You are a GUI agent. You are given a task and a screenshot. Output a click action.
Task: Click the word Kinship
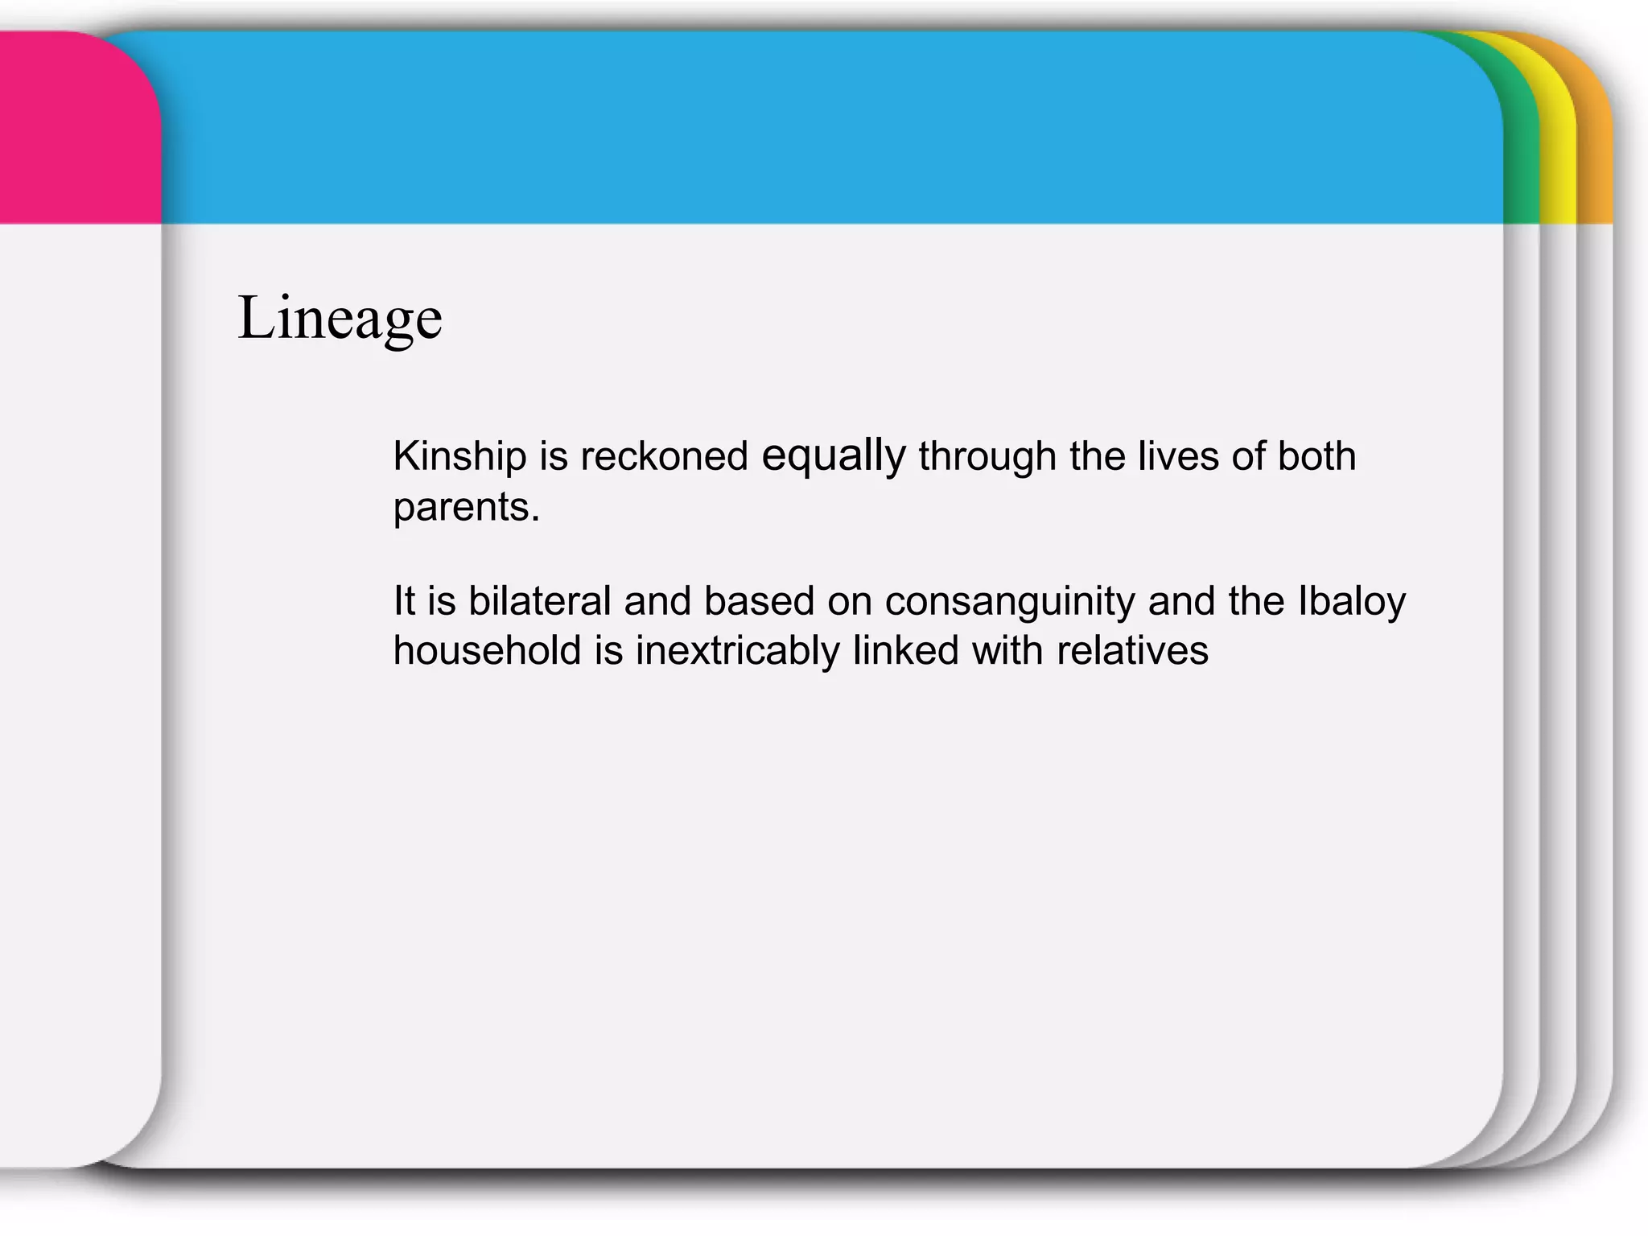click(x=459, y=457)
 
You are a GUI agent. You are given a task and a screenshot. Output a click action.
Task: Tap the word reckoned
click(x=664, y=457)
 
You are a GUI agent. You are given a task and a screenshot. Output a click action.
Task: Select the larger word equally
click(x=834, y=456)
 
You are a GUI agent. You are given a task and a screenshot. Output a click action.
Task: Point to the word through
click(x=987, y=457)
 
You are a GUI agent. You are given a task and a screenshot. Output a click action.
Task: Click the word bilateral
click(x=540, y=601)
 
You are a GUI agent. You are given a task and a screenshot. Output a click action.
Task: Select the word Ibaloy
click(x=1352, y=602)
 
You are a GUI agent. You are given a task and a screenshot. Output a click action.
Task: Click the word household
click(x=488, y=650)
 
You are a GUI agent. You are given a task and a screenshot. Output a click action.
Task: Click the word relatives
click(x=1132, y=650)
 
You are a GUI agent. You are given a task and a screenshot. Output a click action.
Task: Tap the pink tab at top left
click(x=76, y=129)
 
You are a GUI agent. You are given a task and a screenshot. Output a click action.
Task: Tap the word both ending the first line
click(x=1316, y=456)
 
